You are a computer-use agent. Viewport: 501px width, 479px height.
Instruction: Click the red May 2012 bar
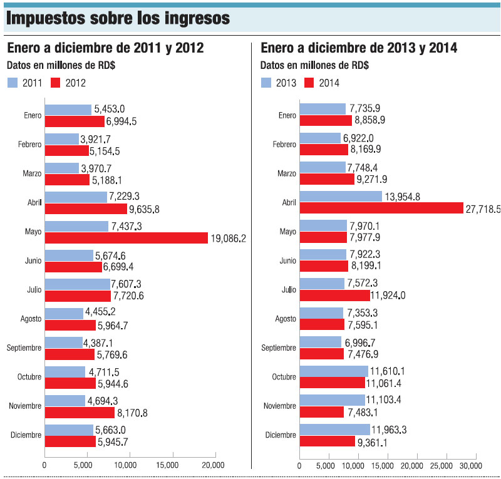click(126, 238)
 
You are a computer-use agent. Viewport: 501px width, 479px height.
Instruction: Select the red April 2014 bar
click(381, 209)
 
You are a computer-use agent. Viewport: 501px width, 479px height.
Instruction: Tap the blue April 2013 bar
click(341, 197)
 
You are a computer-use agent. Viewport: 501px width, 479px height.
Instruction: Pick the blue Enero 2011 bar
click(68, 110)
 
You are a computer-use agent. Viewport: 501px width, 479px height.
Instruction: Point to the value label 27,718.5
click(483, 209)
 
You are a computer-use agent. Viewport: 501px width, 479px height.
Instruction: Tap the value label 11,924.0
click(388, 296)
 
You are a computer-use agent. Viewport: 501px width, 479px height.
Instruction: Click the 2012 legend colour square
click(55, 82)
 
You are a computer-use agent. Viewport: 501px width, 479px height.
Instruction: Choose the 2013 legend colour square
click(266, 82)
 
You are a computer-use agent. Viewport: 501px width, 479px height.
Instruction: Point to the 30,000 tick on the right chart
click(470, 465)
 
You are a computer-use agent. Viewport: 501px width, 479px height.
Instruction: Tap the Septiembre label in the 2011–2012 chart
click(24, 348)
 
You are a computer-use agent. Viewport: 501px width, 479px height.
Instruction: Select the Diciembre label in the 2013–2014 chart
click(281, 435)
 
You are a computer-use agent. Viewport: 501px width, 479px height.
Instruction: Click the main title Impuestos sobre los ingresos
click(117, 18)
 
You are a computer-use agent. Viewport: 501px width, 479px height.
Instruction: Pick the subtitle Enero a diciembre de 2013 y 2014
click(359, 48)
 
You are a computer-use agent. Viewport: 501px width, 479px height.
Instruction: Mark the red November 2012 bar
click(80, 413)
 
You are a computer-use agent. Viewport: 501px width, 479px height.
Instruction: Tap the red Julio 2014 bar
click(335, 296)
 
